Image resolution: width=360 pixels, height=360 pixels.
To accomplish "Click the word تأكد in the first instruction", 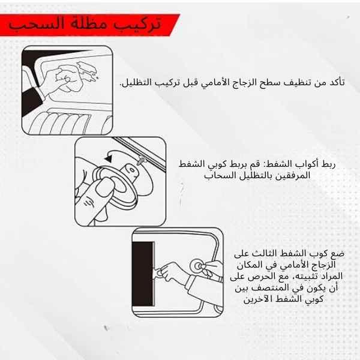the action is (337, 82).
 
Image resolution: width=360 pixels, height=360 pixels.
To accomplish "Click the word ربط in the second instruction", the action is (329, 164).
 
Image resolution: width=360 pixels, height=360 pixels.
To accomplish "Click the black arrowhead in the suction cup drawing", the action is (108, 158).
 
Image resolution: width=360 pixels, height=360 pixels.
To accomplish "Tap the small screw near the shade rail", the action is (141, 160).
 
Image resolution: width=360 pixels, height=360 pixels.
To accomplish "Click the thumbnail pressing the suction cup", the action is (105, 187).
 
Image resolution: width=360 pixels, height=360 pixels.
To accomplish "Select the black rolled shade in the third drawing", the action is (143, 274).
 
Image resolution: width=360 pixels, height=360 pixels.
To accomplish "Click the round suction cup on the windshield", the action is (197, 266).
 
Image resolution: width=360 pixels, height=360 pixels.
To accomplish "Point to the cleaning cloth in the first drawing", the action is (88, 70).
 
